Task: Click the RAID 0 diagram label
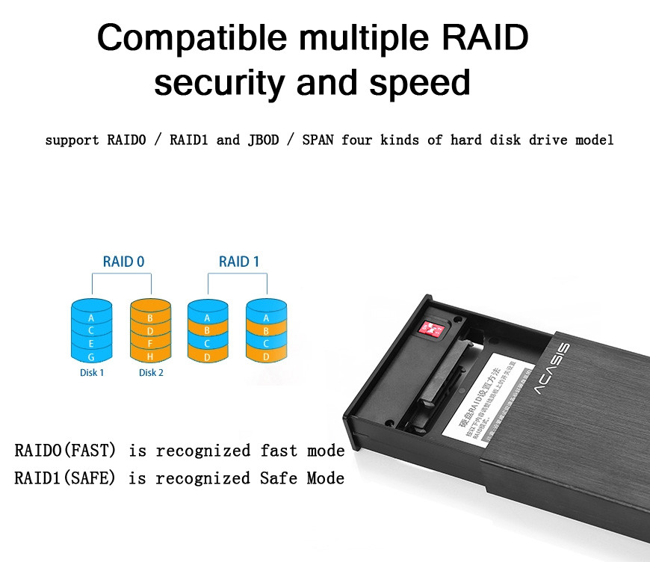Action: point(123,262)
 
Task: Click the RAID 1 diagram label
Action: point(239,262)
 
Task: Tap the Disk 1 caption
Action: point(91,372)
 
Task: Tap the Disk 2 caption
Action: point(151,372)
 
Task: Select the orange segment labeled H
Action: point(150,356)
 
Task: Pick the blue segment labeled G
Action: point(91,356)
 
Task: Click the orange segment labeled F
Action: point(150,343)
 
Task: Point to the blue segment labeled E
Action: point(91,343)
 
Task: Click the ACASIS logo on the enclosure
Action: point(552,369)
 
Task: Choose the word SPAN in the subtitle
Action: point(318,140)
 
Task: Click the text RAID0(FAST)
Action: point(65,451)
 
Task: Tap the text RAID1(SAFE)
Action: point(65,478)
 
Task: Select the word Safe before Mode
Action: point(280,478)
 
